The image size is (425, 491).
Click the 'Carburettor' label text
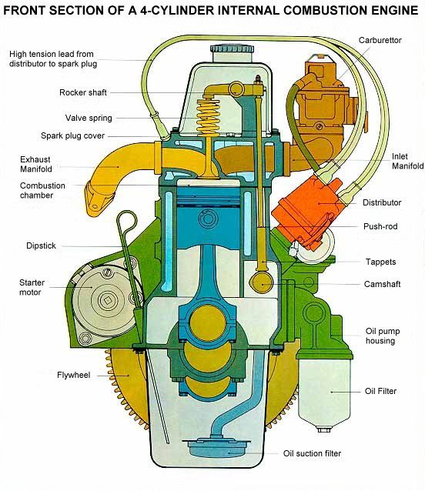click(380, 40)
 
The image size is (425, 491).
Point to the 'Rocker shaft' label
click(83, 92)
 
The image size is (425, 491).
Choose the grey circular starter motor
click(102, 300)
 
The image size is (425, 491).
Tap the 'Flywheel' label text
click(74, 375)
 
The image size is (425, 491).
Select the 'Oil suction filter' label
click(312, 453)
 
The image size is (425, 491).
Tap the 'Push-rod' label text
click(380, 226)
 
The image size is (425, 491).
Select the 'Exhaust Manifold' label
click(36, 164)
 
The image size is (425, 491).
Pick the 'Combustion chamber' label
click(42, 190)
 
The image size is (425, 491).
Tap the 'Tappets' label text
click(380, 262)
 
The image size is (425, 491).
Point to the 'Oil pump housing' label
click(383, 336)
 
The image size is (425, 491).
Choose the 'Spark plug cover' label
click(72, 135)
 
